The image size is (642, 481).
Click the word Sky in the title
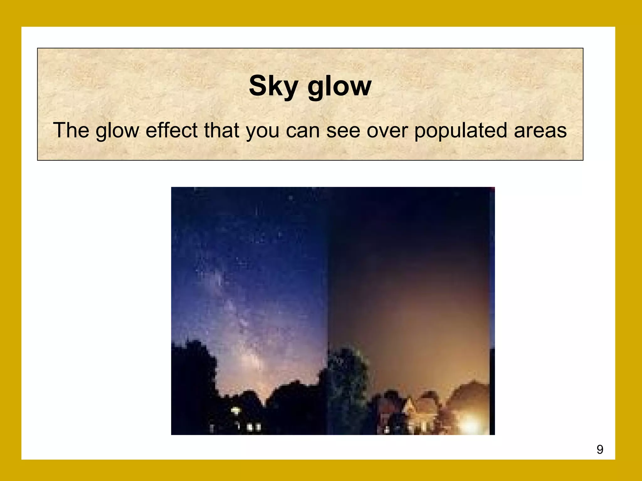point(273,86)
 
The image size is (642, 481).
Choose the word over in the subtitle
point(387,131)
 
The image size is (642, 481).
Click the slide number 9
point(600,450)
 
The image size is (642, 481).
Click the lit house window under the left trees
point(235,410)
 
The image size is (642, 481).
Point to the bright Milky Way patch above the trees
point(251,357)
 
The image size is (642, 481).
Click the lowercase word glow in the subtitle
point(117,131)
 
